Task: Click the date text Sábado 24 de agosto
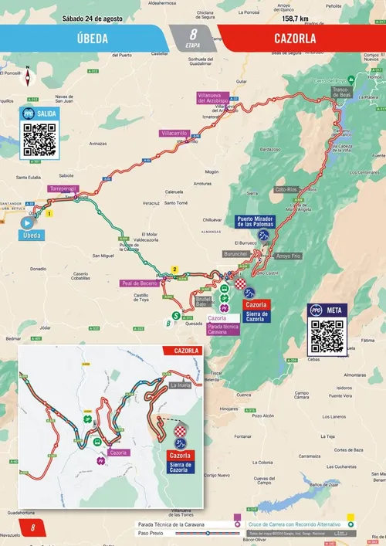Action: coord(93,18)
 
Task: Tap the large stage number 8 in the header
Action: coord(192,34)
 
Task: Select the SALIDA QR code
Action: coord(40,139)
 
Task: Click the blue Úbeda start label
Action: coord(32,235)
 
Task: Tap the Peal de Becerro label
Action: coord(139,283)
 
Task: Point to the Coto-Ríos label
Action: coord(286,189)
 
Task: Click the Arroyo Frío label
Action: coord(287,255)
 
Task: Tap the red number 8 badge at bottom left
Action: coord(32,528)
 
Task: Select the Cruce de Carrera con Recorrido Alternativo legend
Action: coord(290,524)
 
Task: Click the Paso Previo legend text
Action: coord(152,533)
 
